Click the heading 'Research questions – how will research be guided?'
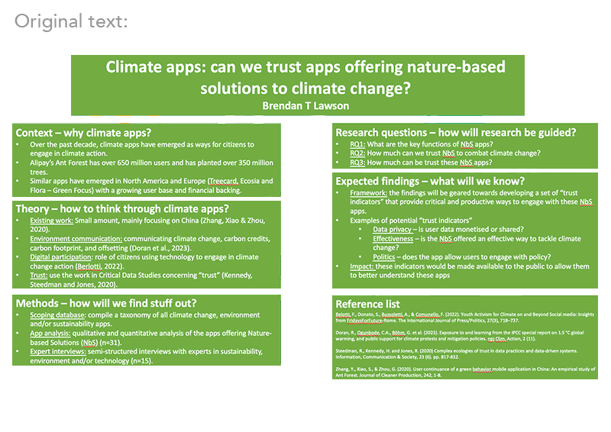[456, 133]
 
